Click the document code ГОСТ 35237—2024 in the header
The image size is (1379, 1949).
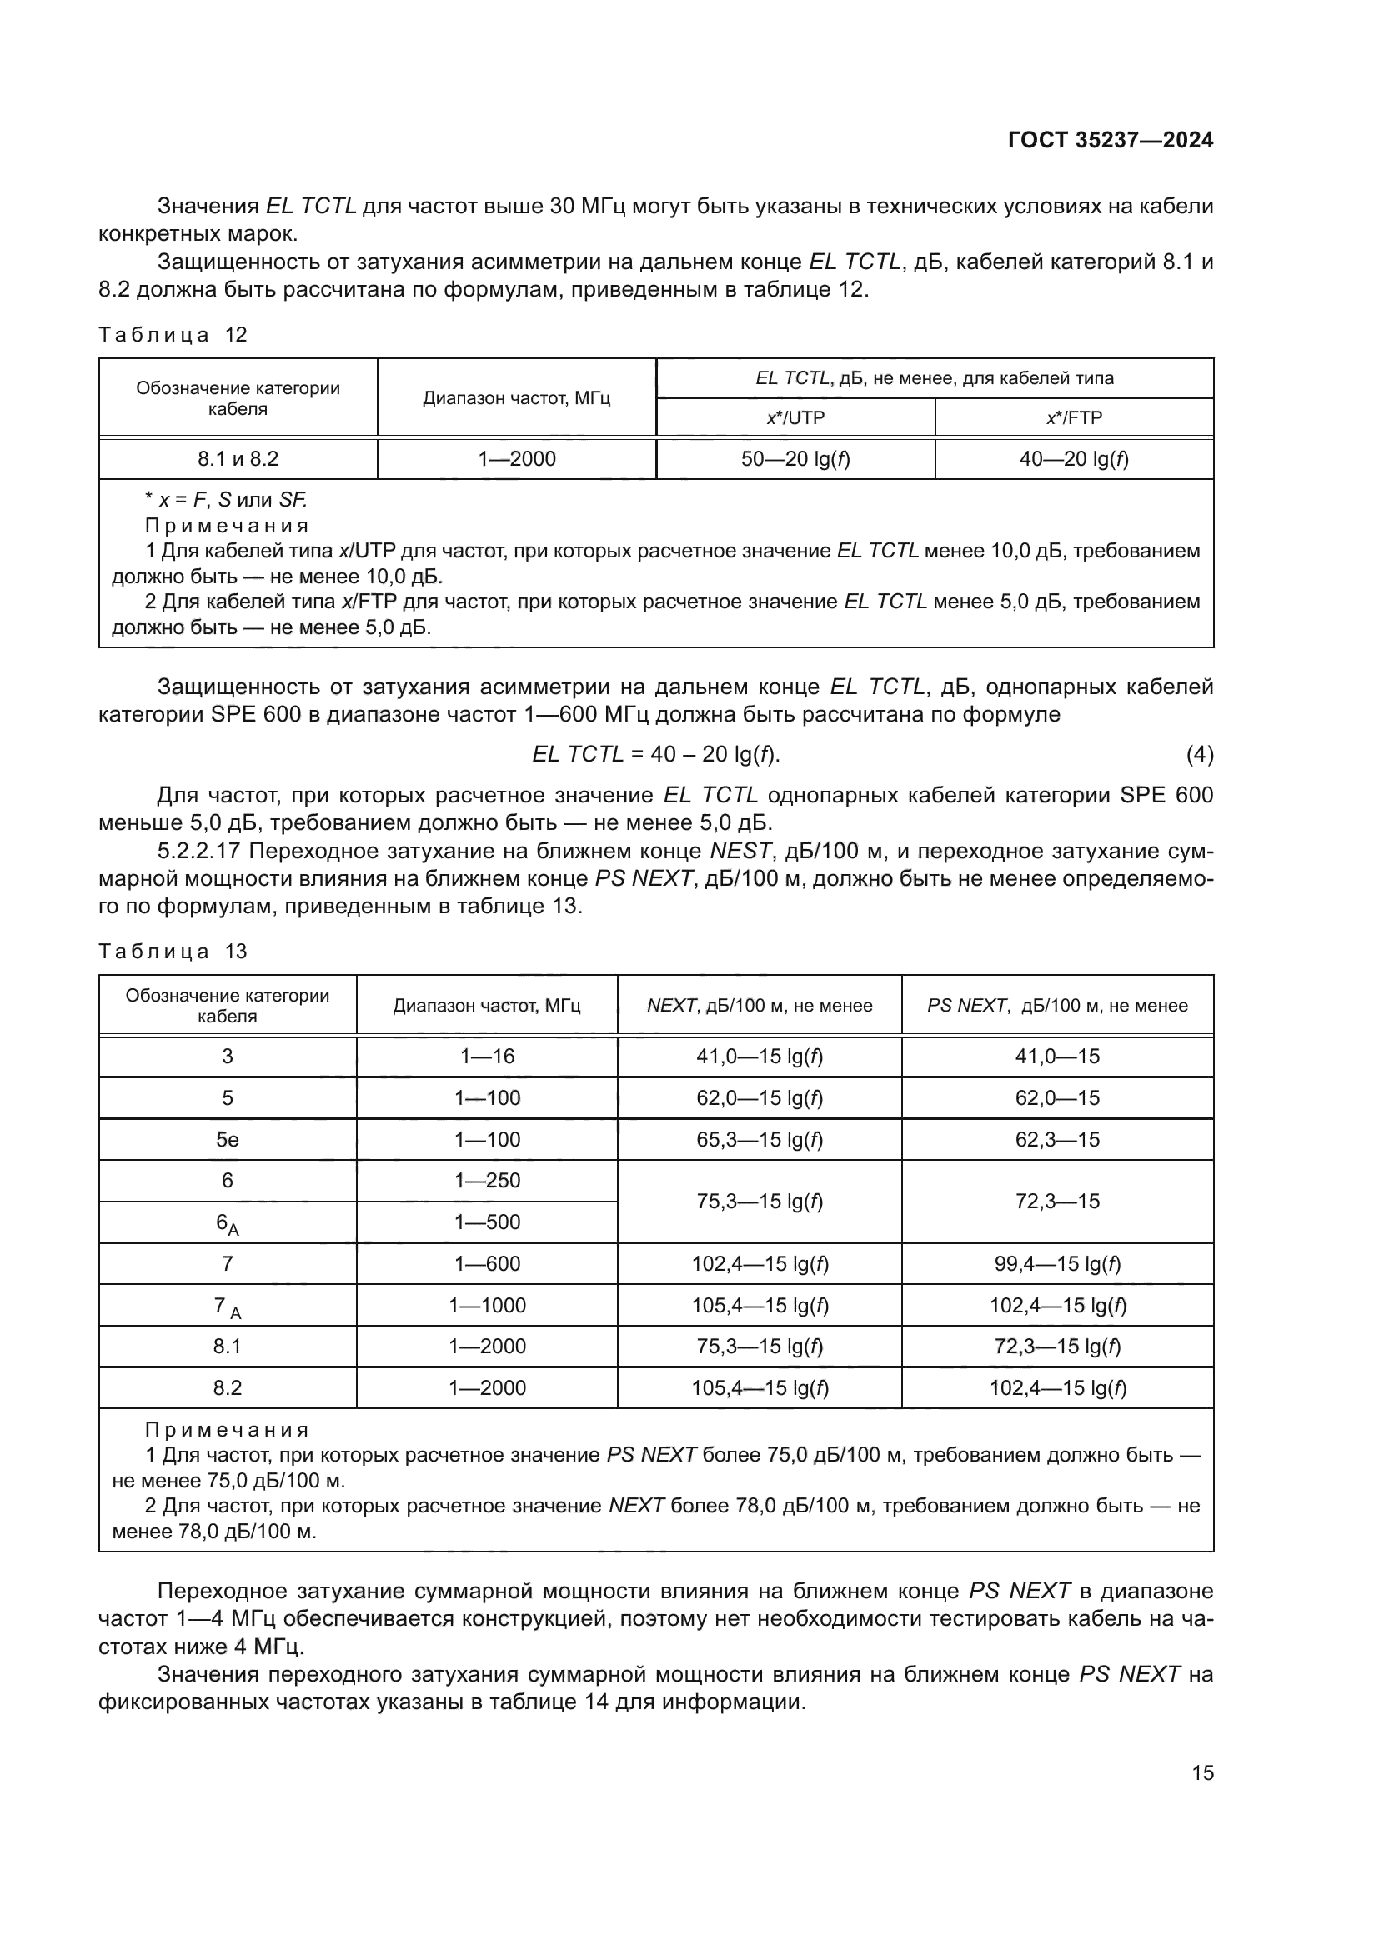pyautogui.click(x=1111, y=141)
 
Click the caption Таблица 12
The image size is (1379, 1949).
pyautogui.click(x=173, y=334)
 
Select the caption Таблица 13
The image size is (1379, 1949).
pyautogui.click(x=173, y=951)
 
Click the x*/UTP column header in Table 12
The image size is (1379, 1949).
pyautogui.click(x=795, y=417)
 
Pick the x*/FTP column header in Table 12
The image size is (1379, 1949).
pyautogui.click(x=1073, y=417)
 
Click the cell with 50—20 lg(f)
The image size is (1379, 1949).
pyautogui.click(x=795, y=459)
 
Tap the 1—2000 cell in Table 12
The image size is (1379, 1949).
pyautogui.click(x=516, y=459)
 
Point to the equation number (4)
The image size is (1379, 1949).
pyautogui.click(x=1199, y=754)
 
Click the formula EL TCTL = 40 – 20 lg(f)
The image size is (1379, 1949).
pyautogui.click(x=655, y=754)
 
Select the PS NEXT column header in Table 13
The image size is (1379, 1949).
pyautogui.click(x=1057, y=1005)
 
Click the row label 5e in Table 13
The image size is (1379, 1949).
pyautogui.click(x=228, y=1139)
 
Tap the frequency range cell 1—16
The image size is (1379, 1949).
pyautogui.click(x=488, y=1056)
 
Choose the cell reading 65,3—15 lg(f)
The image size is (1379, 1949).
pyautogui.click(x=760, y=1139)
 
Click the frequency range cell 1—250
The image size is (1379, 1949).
pyautogui.click(x=488, y=1180)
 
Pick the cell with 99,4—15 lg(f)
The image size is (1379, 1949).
pyautogui.click(x=1057, y=1264)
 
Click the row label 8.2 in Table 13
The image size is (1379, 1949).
pyautogui.click(x=228, y=1388)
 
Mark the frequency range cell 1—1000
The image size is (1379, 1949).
pyautogui.click(x=488, y=1306)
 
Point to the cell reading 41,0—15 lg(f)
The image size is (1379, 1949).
pyautogui.click(x=760, y=1056)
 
